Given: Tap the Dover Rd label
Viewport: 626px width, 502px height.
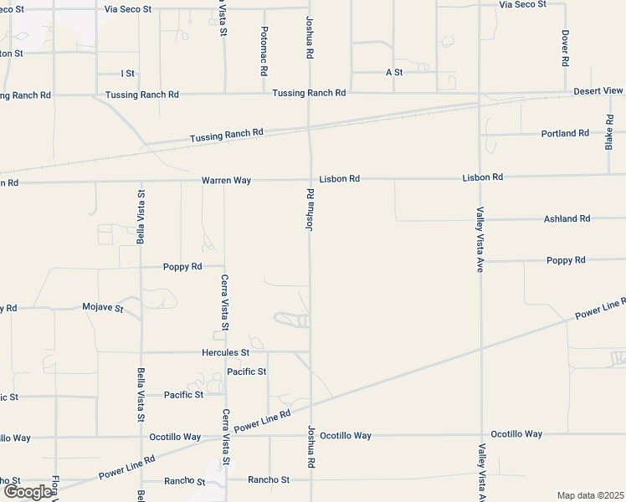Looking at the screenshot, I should (566, 48).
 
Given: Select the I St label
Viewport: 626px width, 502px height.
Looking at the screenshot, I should (127, 74).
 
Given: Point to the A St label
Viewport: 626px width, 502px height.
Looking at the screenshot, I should (394, 73).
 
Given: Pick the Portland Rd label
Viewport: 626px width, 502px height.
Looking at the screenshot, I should (565, 133).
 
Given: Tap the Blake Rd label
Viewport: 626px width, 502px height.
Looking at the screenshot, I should (609, 131).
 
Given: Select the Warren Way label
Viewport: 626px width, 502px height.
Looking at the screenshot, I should (226, 180).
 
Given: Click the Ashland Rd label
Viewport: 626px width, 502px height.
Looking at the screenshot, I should (567, 218).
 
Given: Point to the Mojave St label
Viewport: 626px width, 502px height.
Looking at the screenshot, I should (103, 308).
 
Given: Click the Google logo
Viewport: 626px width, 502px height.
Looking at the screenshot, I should (27, 492).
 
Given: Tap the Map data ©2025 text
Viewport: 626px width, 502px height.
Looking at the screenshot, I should (590, 495).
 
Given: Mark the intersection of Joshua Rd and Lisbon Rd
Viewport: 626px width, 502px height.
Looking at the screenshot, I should (310, 178).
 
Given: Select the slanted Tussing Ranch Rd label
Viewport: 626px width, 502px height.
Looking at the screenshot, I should (227, 136).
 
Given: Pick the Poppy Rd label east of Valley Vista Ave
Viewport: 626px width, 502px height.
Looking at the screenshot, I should (565, 260).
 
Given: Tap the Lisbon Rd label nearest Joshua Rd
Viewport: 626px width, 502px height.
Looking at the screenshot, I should (339, 179).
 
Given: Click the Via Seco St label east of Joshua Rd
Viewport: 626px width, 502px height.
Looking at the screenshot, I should (522, 4).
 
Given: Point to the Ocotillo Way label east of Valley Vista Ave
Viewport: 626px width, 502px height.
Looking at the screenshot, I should (516, 434).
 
